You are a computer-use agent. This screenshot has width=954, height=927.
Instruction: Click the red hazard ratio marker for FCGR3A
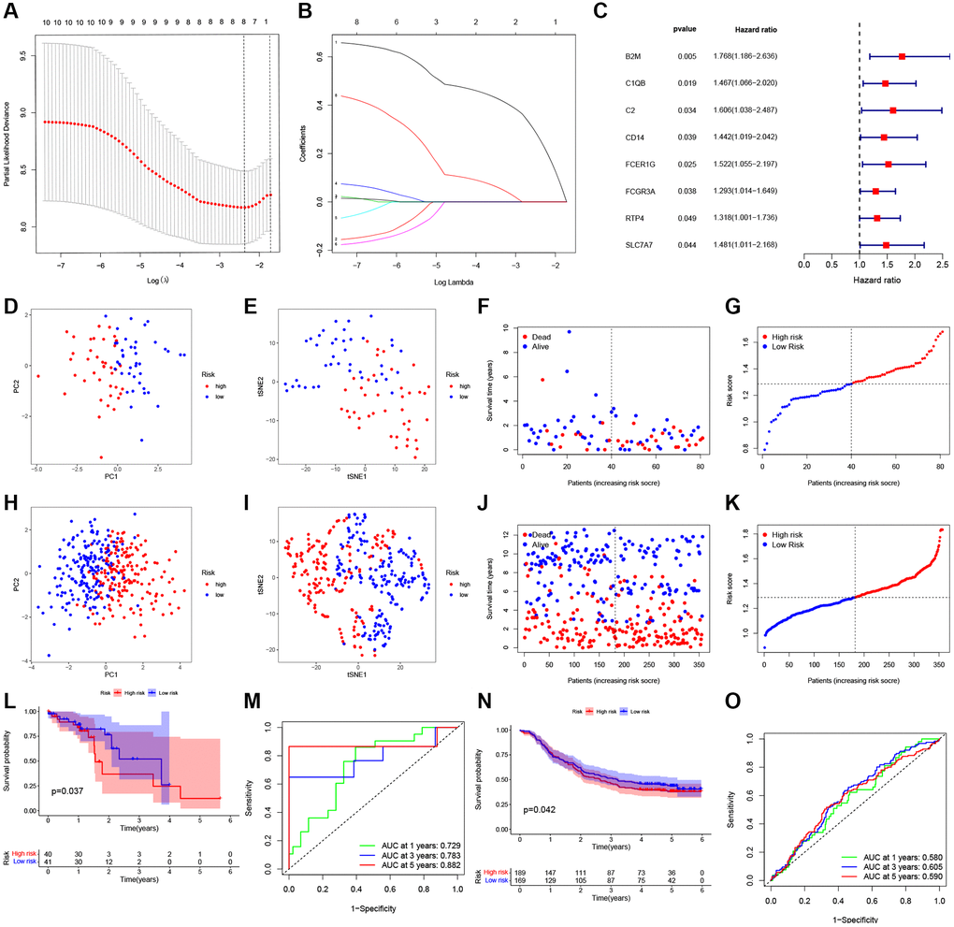coord(875,191)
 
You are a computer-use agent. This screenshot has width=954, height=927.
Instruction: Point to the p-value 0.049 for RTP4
coord(688,218)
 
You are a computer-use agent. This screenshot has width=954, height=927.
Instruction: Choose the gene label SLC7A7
coord(641,245)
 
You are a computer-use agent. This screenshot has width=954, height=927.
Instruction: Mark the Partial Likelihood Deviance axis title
coord(8,146)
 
